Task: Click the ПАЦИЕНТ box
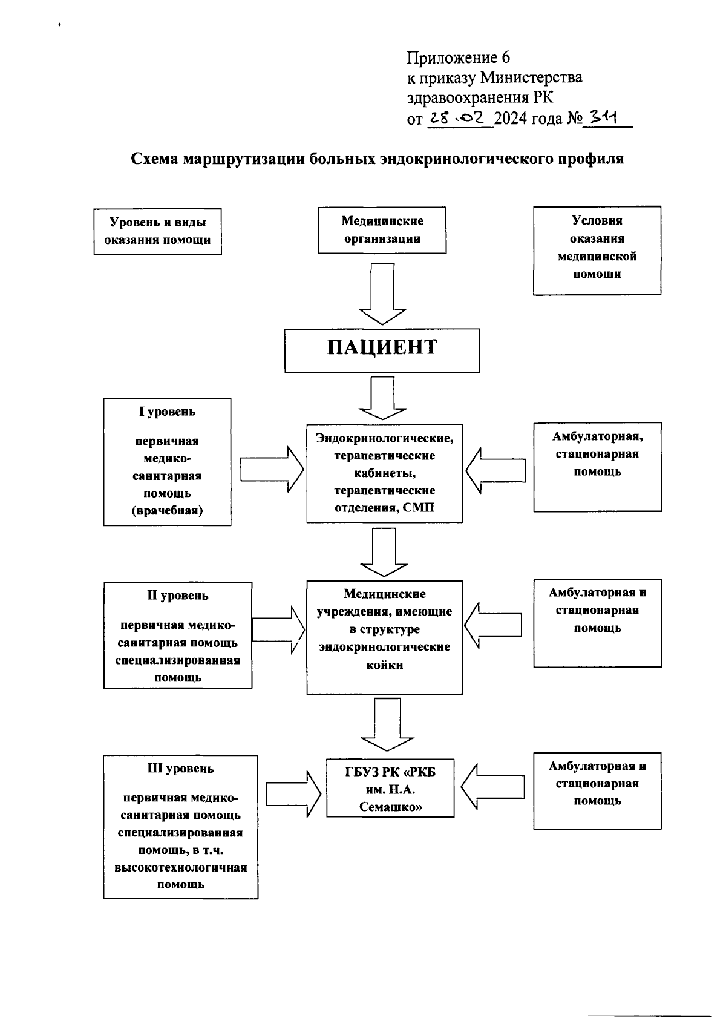(x=382, y=350)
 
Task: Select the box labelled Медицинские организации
(x=382, y=230)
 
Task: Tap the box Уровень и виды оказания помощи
(x=157, y=231)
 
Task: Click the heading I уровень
(x=167, y=412)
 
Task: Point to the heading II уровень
(x=178, y=596)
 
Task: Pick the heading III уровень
(x=180, y=769)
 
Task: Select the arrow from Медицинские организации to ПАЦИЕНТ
(x=382, y=294)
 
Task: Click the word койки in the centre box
(x=384, y=665)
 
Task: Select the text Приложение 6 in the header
(x=458, y=58)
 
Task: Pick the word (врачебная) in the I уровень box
(x=167, y=511)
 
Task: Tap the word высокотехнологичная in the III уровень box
(x=180, y=868)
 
